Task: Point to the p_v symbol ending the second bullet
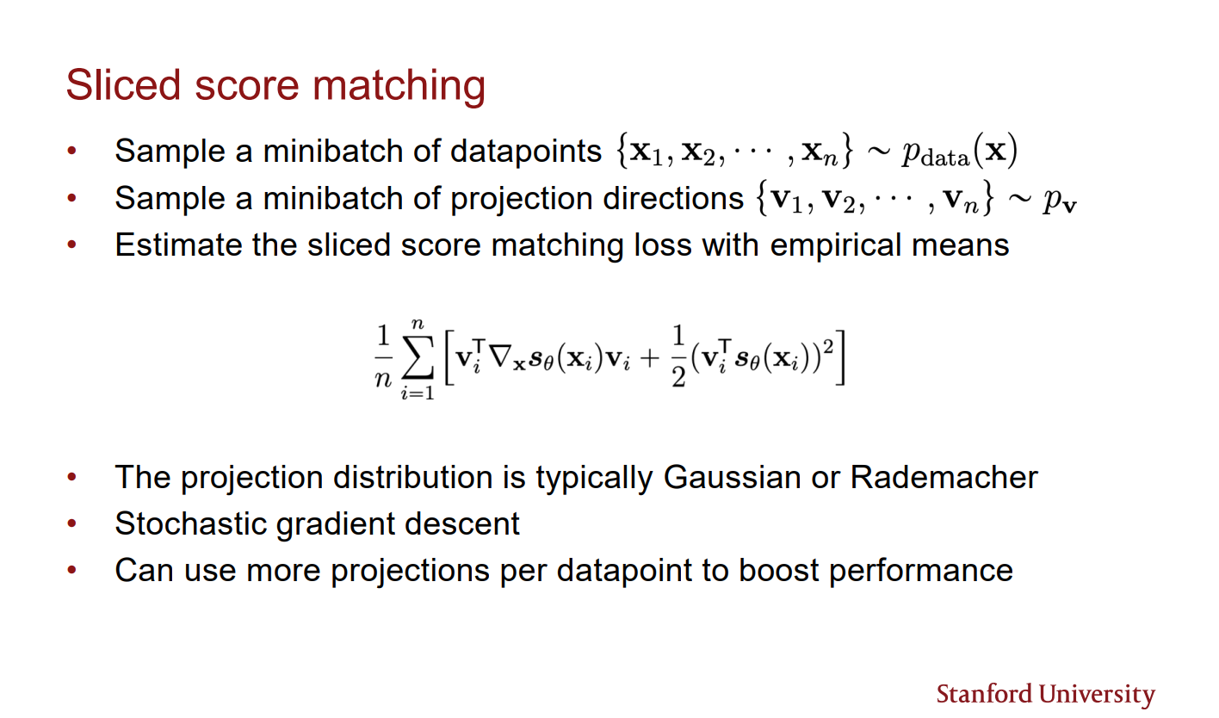[1061, 200]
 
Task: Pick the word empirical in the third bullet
[842, 246]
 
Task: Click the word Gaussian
[737, 477]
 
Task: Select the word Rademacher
[944, 477]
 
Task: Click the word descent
[470, 523]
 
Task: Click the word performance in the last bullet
[921, 571]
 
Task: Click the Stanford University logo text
[1045, 694]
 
